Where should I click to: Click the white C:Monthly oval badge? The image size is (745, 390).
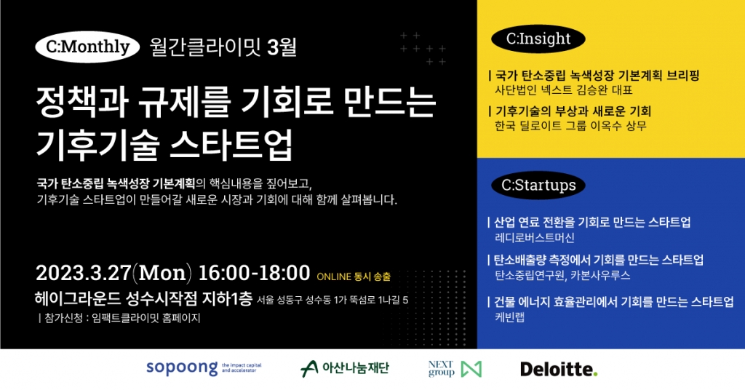pyautogui.click(x=87, y=47)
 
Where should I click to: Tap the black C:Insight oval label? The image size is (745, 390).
pyautogui.click(x=538, y=39)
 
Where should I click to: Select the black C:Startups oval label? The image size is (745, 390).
pyautogui.click(x=538, y=186)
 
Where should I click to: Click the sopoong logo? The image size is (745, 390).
pyautogui.click(x=204, y=368)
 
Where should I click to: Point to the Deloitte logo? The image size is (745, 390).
pyautogui.click(x=559, y=369)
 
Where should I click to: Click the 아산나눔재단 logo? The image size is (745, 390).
pyautogui.click(x=345, y=368)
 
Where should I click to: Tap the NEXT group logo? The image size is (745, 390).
pyautogui.click(x=455, y=369)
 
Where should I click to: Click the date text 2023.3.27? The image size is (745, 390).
pyautogui.click(x=83, y=273)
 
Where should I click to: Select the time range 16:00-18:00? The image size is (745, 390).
pyautogui.click(x=254, y=273)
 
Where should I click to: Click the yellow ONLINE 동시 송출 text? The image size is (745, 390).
pyautogui.click(x=354, y=276)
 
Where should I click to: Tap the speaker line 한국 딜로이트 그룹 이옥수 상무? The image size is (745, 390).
pyautogui.click(x=570, y=126)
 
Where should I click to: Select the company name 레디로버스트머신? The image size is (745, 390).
pyautogui.click(x=535, y=237)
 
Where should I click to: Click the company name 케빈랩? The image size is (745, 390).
pyautogui.click(x=510, y=317)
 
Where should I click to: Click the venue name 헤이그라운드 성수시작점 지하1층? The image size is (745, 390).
pyautogui.click(x=143, y=299)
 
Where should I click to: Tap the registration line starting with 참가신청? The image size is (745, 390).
pyautogui.click(x=119, y=318)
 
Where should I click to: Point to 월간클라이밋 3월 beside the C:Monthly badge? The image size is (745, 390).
pyautogui.click(x=223, y=47)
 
